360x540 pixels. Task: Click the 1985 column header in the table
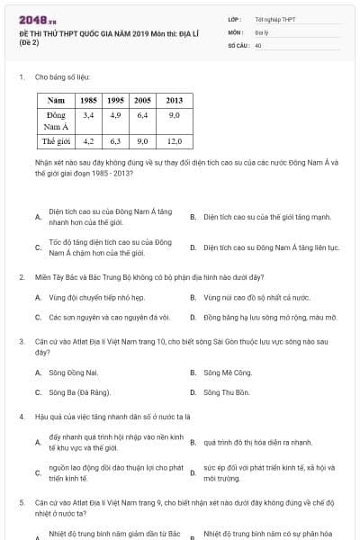[89, 100]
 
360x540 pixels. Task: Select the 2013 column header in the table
[174, 100]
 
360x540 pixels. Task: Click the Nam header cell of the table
[56, 100]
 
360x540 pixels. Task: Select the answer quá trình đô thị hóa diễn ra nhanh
[258, 443]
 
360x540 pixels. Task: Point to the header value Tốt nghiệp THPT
[274, 19]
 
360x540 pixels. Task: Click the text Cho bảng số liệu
[63, 78]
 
